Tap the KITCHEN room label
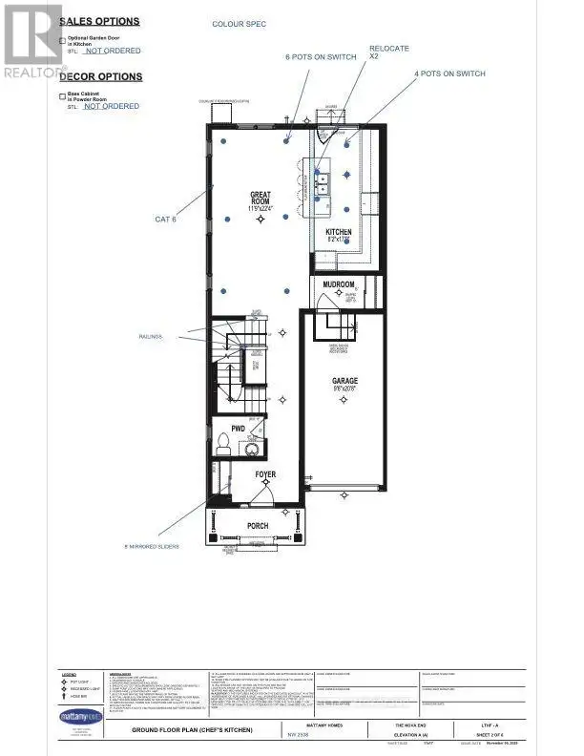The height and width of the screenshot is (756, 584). (x=340, y=233)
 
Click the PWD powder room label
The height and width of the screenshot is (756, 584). (x=239, y=430)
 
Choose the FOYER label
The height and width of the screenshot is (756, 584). (x=264, y=473)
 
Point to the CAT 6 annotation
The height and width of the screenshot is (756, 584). (x=166, y=220)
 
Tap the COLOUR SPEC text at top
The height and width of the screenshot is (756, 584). (x=238, y=23)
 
